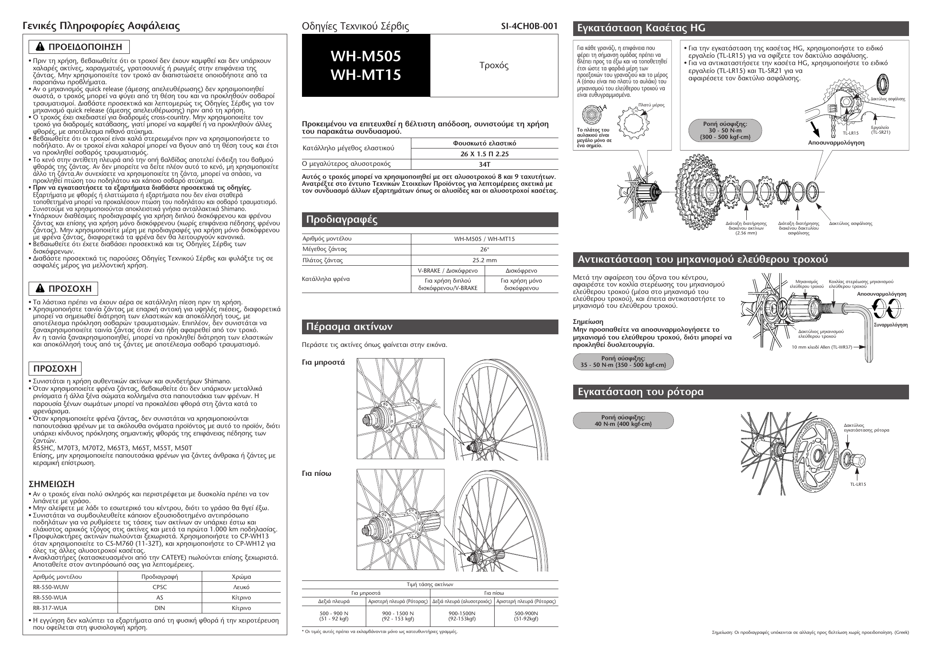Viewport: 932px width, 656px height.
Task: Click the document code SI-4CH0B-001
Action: tap(529, 26)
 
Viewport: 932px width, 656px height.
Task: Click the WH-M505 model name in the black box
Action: tap(365, 56)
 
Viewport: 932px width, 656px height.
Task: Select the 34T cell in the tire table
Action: tap(484, 165)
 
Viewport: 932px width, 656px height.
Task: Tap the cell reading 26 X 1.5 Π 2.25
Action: tap(484, 154)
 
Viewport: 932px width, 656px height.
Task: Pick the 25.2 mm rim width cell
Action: tap(484, 260)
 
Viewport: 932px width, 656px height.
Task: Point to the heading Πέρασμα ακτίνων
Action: tap(349, 326)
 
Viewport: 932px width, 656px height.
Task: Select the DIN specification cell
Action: tap(160, 608)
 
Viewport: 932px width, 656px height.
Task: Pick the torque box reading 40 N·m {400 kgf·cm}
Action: tap(623, 420)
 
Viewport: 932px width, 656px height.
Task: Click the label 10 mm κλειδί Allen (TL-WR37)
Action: tap(822, 347)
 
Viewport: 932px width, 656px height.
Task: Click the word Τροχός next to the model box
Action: tap(494, 66)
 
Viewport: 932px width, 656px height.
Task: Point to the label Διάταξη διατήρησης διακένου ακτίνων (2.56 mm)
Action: tap(746, 228)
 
